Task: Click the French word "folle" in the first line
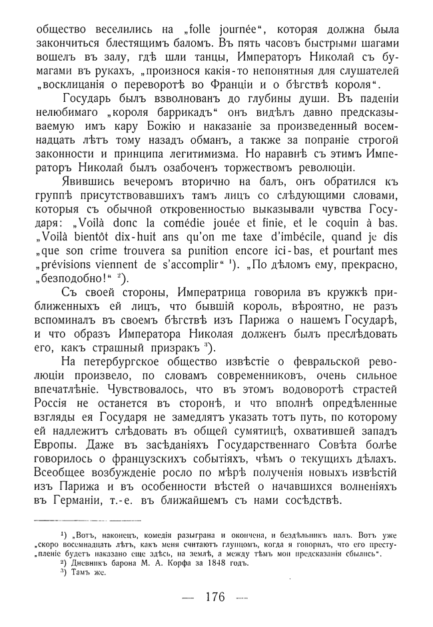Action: (201, 30)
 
